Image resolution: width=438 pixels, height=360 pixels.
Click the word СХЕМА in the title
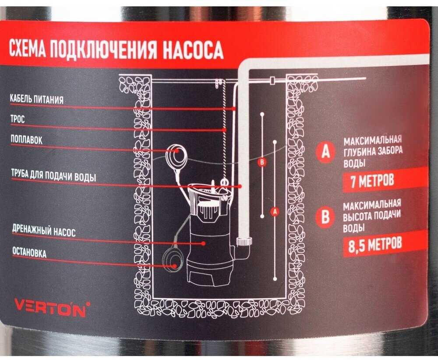(27, 48)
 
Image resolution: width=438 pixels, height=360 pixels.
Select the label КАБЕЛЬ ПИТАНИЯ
(37, 99)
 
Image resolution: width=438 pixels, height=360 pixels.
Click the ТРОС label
(18, 119)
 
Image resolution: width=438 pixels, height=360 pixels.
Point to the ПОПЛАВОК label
(27, 139)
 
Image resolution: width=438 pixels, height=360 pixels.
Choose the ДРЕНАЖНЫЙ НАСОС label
(44, 231)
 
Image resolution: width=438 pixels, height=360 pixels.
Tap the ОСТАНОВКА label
(29, 252)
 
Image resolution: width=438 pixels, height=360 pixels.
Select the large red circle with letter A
(325, 151)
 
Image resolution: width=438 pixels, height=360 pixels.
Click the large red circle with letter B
(325, 217)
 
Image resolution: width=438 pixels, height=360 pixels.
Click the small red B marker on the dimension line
(262, 162)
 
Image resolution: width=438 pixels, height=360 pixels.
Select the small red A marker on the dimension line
(275, 212)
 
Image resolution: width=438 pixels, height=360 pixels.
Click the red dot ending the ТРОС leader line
(224, 130)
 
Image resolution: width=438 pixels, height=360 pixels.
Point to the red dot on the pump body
(203, 243)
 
